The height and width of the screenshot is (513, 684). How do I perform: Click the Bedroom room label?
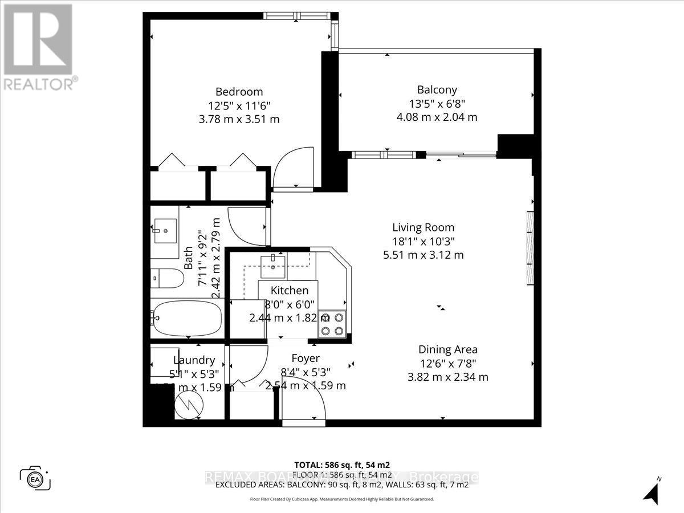(x=239, y=92)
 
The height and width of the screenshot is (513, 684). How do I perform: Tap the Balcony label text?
(x=437, y=89)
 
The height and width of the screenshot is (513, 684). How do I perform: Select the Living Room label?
(x=423, y=227)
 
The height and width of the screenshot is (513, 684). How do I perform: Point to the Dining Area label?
(x=447, y=349)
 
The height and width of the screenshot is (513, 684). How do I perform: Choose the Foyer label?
(x=306, y=358)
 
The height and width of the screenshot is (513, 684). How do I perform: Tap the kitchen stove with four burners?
(x=332, y=324)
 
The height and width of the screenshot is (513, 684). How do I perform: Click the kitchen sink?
(x=273, y=263)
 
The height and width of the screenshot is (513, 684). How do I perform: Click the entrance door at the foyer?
(x=304, y=408)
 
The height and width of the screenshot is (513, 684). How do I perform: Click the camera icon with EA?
(x=35, y=477)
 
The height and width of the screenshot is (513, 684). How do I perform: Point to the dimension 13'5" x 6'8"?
(x=437, y=104)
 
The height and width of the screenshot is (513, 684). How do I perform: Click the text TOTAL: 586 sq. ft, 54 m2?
(x=342, y=465)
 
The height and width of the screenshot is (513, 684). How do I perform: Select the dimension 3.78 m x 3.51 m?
(x=239, y=119)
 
